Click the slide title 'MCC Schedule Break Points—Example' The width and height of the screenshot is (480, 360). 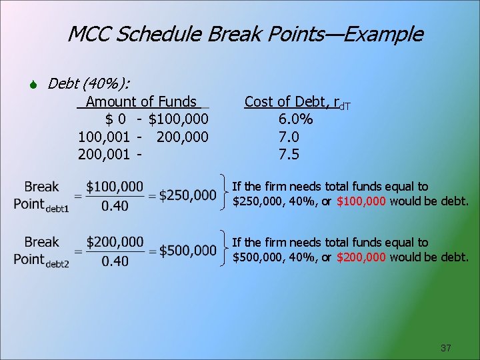pos(245,34)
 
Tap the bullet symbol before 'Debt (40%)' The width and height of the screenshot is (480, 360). pos(35,85)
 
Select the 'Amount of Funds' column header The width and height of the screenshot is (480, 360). pos(141,102)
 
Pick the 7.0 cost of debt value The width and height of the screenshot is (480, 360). pos(289,137)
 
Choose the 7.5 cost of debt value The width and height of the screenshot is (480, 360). pos(289,155)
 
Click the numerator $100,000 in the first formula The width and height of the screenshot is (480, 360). pos(115,187)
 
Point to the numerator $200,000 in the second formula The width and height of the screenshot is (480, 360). pos(115,242)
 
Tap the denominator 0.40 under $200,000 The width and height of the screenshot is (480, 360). pos(115,261)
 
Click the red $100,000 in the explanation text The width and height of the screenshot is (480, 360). pos(361,201)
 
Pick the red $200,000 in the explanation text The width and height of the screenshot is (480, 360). pos(361,257)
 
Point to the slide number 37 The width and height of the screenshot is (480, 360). pos(446,348)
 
